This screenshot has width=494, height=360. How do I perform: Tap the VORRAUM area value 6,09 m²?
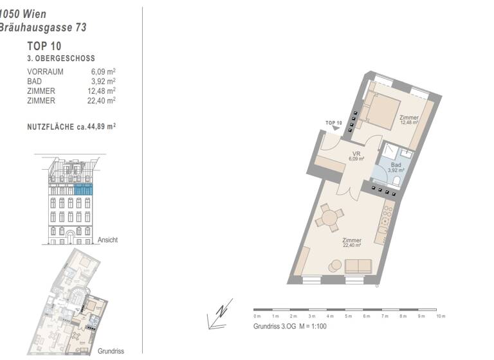104,71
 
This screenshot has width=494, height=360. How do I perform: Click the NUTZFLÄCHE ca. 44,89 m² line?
71,127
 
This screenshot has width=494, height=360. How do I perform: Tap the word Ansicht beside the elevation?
107,240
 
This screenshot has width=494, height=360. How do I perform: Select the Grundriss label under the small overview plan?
111,352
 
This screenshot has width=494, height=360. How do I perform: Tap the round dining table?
330,218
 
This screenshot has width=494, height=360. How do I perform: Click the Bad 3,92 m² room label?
395,168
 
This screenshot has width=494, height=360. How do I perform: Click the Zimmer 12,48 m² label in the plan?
408,120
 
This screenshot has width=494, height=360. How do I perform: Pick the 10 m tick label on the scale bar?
441,316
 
